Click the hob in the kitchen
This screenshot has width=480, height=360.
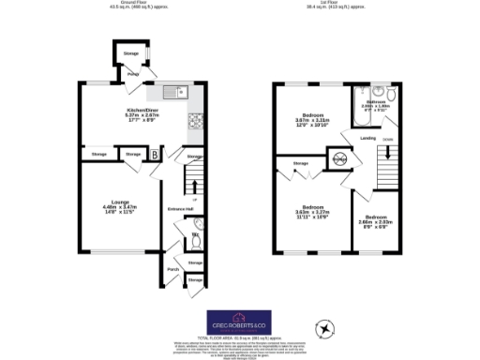tap(197, 120)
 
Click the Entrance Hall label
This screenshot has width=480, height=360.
tap(179, 208)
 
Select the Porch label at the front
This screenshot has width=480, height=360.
tap(172, 270)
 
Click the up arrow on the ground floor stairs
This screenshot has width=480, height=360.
tap(194, 199)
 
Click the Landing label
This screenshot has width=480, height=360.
tap(369, 138)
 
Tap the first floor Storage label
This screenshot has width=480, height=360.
tap(300, 164)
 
